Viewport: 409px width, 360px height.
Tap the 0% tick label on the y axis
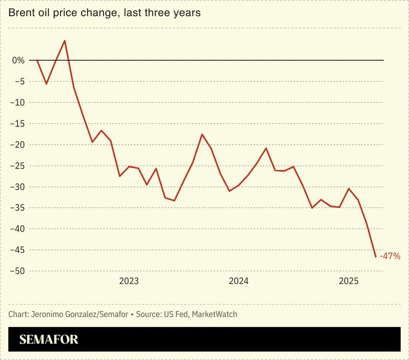tap(18, 60)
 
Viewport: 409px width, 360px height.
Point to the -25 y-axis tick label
tap(17, 166)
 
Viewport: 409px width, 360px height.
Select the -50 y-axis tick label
tap(17, 271)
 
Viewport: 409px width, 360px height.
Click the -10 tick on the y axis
tap(17, 103)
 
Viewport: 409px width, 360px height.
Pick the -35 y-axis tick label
tap(17, 208)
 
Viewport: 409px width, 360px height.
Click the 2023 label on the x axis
tap(129, 281)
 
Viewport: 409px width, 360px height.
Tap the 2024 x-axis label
tap(239, 281)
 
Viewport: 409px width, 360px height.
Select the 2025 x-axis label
tap(348, 281)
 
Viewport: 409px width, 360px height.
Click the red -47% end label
tap(390, 256)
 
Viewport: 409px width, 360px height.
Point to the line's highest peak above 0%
tap(65, 40)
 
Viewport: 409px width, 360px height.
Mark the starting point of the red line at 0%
tap(37, 60)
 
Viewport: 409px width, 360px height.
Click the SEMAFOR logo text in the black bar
tap(48, 340)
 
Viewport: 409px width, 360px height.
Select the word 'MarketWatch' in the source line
tap(214, 314)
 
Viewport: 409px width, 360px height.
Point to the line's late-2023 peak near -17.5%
tap(202, 134)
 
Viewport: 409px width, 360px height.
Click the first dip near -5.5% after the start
tap(46, 84)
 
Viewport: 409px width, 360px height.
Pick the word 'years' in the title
tap(187, 13)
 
